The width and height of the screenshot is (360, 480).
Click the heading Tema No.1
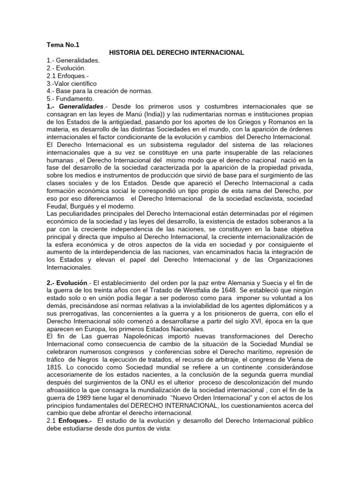(63, 45)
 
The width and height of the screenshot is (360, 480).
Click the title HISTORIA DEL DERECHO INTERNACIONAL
(176, 53)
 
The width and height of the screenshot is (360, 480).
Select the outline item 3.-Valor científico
(71, 83)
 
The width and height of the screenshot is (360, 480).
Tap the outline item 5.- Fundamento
(70, 98)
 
